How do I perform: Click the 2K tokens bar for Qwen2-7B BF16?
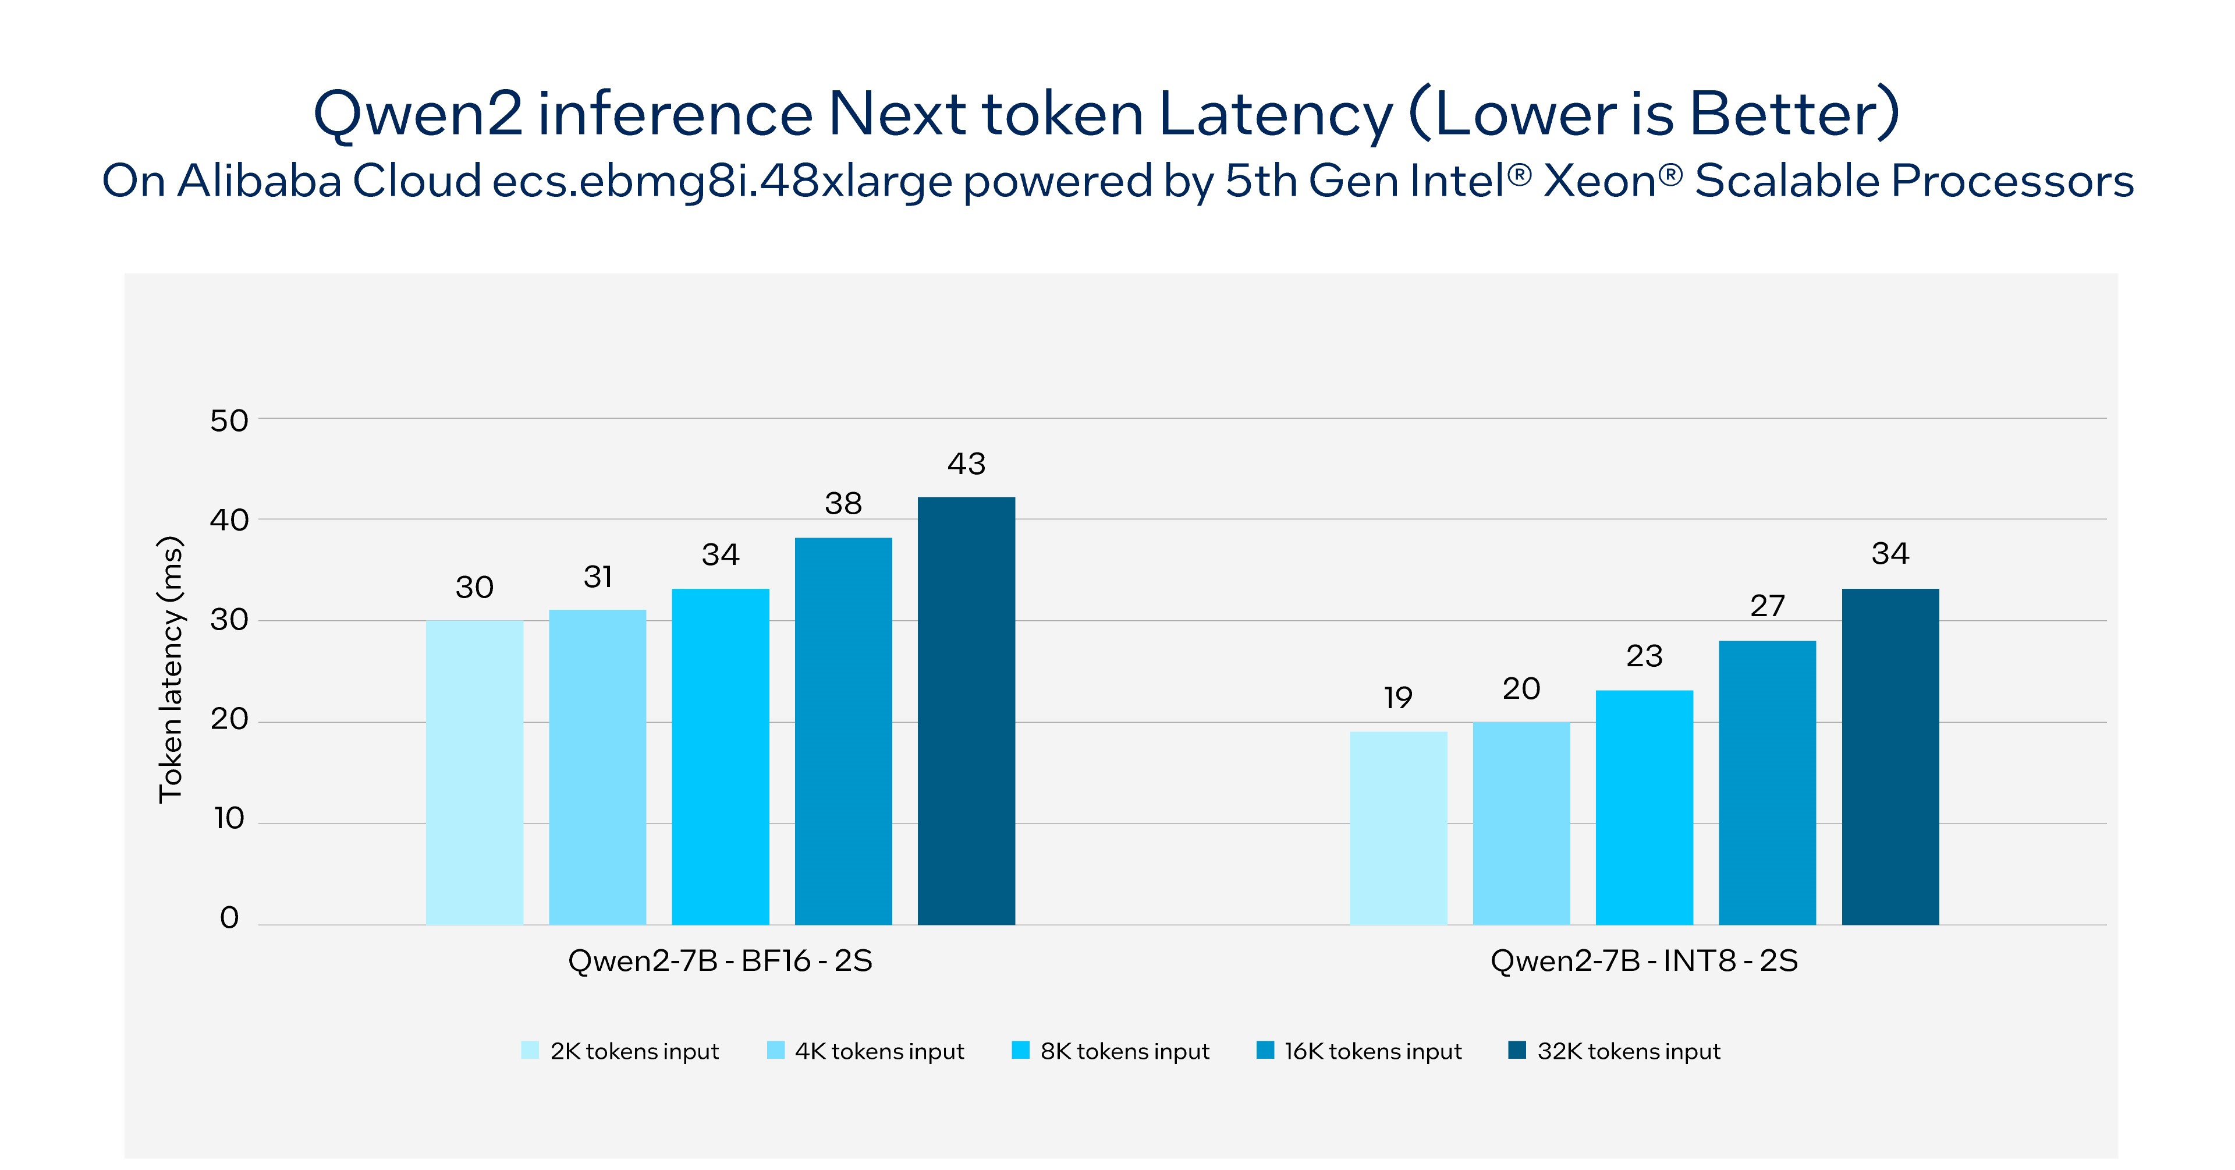click(474, 772)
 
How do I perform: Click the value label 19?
click(1397, 697)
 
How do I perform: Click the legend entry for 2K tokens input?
click(620, 1051)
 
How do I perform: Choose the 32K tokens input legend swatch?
click(1517, 1050)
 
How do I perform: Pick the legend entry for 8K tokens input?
click(1111, 1051)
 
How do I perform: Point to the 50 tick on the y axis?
click(229, 421)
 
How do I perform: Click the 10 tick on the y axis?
click(229, 818)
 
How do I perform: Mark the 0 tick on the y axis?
click(229, 917)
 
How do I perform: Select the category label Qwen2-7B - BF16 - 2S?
click(719, 961)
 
